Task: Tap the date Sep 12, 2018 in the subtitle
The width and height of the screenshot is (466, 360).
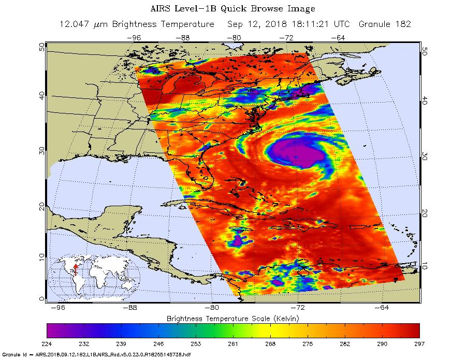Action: click(x=257, y=24)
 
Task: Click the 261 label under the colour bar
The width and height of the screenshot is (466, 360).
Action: click(x=232, y=343)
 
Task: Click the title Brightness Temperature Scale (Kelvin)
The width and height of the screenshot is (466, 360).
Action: click(x=232, y=318)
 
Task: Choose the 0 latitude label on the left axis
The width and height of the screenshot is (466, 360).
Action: click(x=42, y=298)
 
